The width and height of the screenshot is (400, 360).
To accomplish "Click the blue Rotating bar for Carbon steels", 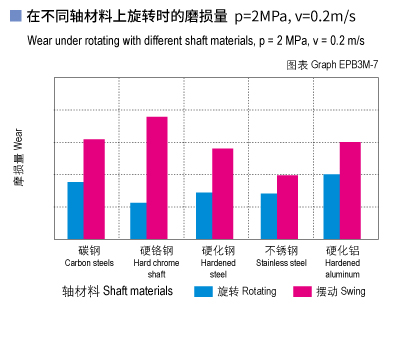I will click(x=75, y=210).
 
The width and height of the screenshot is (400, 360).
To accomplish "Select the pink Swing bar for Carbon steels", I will click(x=94, y=188).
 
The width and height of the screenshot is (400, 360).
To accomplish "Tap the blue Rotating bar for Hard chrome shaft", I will click(x=138, y=220).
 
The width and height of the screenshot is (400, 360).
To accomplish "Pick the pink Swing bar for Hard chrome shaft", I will click(x=157, y=177).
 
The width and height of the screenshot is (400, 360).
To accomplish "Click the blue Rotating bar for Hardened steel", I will click(x=203, y=215).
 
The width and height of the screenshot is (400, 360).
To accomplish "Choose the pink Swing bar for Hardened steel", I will click(x=222, y=193).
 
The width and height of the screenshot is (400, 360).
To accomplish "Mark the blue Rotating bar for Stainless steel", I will click(x=268, y=215).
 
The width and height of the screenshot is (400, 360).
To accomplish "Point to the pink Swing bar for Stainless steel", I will click(x=287, y=206).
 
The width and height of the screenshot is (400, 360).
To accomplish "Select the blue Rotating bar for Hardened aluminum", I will click(x=331, y=206).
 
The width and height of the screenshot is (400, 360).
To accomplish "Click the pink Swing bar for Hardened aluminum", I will click(x=350, y=190).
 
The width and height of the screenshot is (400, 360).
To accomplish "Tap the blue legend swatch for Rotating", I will click(x=203, y=292).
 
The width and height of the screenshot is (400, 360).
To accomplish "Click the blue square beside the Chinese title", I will click(x=14, y=17).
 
